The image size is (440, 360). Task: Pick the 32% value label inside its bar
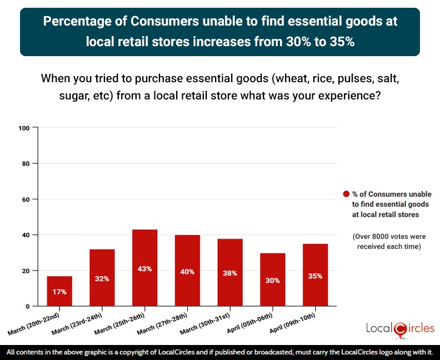[102, 279]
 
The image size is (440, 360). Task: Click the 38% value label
[230, 273]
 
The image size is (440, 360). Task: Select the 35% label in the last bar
[316, 276]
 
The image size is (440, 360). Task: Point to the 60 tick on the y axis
[24, 199]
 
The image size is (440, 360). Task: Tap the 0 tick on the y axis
[26, 306]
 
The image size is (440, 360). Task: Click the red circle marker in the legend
[346, 194]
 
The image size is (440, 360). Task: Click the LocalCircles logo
[400, 328]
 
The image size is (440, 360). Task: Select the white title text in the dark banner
[220, 32]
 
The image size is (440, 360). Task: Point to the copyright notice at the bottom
[220, 352]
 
